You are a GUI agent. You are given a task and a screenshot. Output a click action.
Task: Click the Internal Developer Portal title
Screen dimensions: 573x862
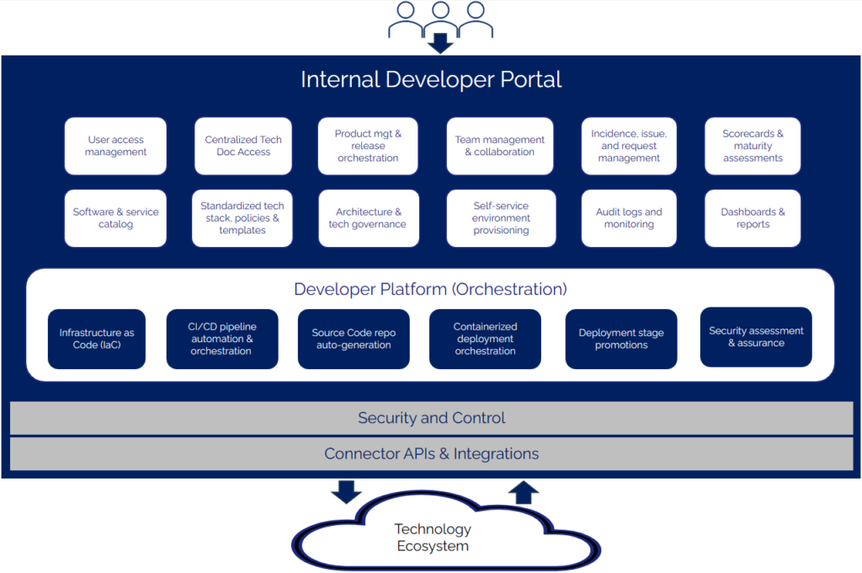tap(431, 80)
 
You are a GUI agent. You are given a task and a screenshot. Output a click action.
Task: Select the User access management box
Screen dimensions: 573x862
tap(115, 146)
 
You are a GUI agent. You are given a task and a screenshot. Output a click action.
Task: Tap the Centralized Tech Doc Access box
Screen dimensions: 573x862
tap(243, 146)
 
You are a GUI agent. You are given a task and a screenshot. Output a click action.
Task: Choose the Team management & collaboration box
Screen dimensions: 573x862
tap(500, 146)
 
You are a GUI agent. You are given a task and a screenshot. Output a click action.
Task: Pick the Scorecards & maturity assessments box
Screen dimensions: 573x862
tap(753, 146)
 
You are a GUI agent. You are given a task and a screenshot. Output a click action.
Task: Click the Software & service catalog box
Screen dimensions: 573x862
tap(115, 218)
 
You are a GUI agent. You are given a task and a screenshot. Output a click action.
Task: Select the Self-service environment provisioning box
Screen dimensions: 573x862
tap(500, 218)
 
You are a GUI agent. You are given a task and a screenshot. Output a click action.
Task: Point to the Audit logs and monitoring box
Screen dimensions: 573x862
tap(629, 218)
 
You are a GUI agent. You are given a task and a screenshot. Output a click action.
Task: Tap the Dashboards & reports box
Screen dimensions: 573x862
tap(753, 218)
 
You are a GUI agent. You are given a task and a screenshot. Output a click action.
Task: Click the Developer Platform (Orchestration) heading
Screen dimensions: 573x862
tap(430, 289)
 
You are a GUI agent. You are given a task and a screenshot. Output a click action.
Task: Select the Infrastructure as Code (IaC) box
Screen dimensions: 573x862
tap(97, 339)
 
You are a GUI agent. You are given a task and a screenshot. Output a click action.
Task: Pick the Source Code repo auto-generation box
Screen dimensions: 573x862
tap(354, 339)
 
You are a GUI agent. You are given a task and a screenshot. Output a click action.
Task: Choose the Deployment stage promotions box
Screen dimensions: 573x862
tap(621, 339)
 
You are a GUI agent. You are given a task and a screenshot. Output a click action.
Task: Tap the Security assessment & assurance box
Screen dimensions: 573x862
tap(756, 337)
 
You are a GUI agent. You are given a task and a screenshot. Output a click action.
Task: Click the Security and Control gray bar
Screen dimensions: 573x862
tap(431, 418)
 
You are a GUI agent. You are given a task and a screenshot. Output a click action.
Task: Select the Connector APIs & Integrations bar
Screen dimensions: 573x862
tap(431, 453)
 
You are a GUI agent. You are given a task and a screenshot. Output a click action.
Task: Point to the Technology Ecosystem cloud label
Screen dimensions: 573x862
tap(433, 538)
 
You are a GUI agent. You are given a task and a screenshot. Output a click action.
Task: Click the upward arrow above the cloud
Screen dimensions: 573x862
tap(524, 492)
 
